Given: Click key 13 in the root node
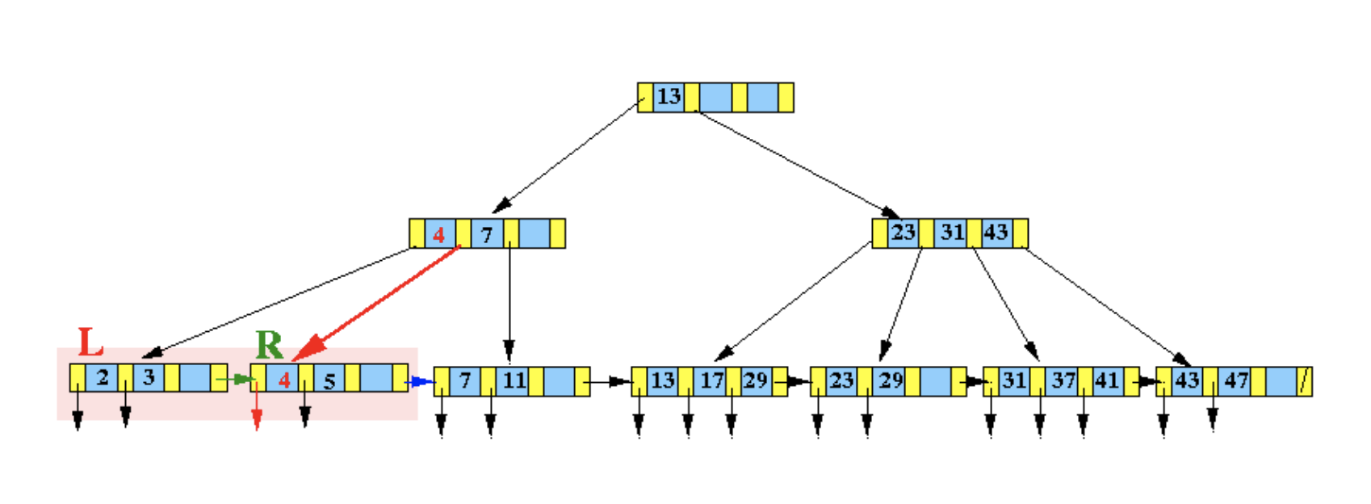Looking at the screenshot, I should point(669,97).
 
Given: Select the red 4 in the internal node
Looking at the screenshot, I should point(438,234).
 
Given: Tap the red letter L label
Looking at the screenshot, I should point(90,342).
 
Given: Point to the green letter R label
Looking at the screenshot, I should point(270,346).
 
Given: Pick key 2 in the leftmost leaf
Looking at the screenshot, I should point(103,377).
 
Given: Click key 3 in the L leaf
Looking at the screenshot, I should point(149,377).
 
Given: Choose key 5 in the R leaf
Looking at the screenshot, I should point(329,380).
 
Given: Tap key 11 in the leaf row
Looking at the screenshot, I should point(514,380).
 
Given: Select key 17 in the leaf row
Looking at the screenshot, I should point(711,380).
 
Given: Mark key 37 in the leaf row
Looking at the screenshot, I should point(1063,380).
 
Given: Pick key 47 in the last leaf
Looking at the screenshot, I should point(1235,380).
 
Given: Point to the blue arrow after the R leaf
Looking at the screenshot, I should point(419,381).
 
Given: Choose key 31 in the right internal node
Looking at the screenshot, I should point(952,233).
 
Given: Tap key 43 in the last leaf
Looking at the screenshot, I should point(1187,380).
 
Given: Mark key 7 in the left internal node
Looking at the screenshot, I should point(487,235).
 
